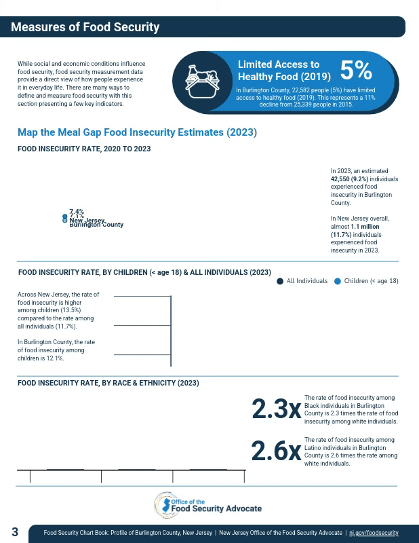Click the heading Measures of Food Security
coord(85,27)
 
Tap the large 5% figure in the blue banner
coord(356,71)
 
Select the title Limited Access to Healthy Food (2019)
coord(284,71)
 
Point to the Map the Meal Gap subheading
coord(137,132)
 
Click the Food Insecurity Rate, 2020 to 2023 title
coord(84,149)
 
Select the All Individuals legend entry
coord(302,281)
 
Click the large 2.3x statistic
coord(276,409)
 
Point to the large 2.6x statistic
coord(276,451)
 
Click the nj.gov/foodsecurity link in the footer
coord(374,533)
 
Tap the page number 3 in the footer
coord(15,532)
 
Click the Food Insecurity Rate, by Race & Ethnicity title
coord(108,383)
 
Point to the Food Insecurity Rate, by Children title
coord(144,272)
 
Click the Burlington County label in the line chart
coord(96,225)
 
